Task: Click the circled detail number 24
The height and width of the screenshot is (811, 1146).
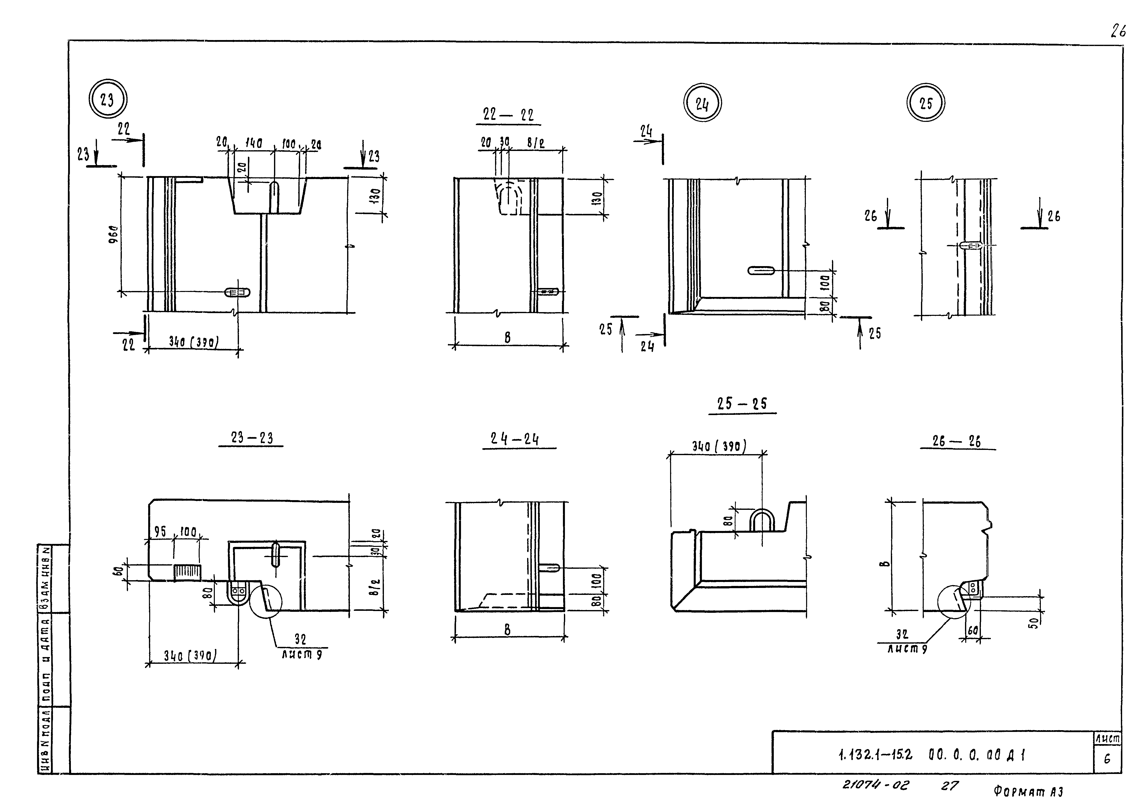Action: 702,103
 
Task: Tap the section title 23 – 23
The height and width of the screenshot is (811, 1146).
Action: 252,438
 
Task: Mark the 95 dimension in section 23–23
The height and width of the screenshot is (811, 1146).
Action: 160,532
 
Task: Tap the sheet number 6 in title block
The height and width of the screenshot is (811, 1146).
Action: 1107,759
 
